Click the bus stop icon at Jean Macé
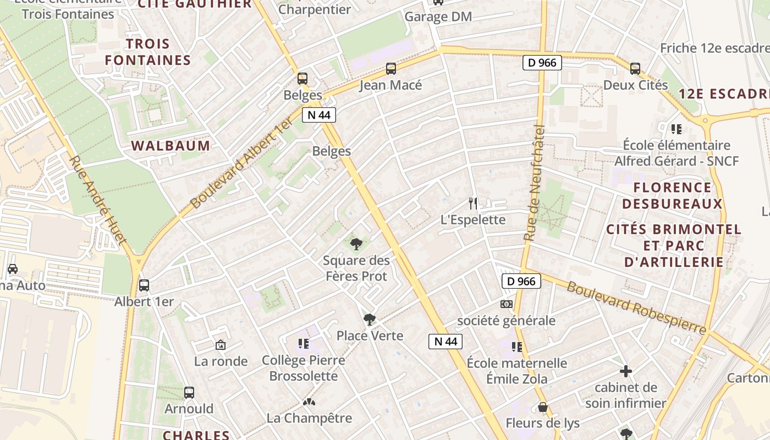391,69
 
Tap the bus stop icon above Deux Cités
635,69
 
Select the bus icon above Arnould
189,393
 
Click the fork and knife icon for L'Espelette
472,204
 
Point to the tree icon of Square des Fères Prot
356,244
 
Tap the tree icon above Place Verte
370,319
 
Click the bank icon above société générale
507,304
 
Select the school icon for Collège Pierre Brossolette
303,344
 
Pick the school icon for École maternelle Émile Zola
516,346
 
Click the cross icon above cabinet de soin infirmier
625,371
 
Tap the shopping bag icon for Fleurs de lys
543,408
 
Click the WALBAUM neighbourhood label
170,146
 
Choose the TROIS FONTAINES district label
148,52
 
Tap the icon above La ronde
221,345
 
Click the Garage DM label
438,16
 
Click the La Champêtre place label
309,418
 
